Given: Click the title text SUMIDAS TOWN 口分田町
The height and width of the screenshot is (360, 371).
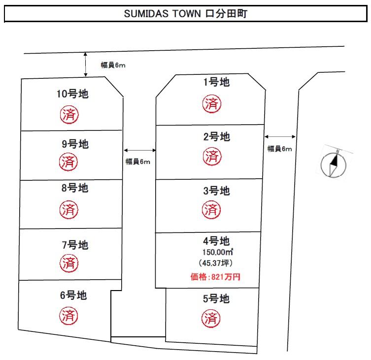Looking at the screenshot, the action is [x=186, y=13].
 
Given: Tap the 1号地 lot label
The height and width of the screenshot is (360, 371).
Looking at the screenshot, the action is [x=216, y=82].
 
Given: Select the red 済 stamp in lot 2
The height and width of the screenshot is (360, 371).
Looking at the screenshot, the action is [x=212, y=156].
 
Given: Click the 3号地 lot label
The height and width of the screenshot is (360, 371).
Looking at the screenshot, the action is [x=216, y=191].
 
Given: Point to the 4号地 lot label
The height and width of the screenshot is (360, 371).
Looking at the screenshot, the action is [x=216, y=241].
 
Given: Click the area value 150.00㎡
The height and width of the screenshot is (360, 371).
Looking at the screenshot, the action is [x=218, y=252].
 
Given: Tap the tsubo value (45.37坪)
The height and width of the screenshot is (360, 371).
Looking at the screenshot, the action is [x=216, y=263].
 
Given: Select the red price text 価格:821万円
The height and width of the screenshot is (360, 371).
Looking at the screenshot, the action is [x=215, y=277].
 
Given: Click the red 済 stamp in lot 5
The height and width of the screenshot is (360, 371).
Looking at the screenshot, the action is [x=211, y=318].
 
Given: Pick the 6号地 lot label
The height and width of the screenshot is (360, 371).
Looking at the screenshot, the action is [x=73, y=295].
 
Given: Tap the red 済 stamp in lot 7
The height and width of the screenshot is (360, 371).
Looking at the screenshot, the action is [x=69, y=263].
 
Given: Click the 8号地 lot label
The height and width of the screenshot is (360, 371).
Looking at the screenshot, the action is [x=75, y=188].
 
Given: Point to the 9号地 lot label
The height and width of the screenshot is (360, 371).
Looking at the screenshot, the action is [x=75, y=144].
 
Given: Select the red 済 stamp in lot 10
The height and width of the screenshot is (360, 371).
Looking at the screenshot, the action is [x=69, y=115].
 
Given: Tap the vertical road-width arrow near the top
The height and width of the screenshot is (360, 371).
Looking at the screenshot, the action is [x=86, y=65].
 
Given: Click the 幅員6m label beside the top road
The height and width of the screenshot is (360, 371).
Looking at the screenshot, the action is [x=113, y=65].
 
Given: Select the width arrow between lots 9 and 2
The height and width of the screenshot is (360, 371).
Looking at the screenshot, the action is [x=140, y=150].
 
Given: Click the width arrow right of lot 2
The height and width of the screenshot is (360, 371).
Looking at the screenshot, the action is [x=280, y=136].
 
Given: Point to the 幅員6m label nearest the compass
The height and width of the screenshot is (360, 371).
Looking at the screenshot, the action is [x=280, y=149].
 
